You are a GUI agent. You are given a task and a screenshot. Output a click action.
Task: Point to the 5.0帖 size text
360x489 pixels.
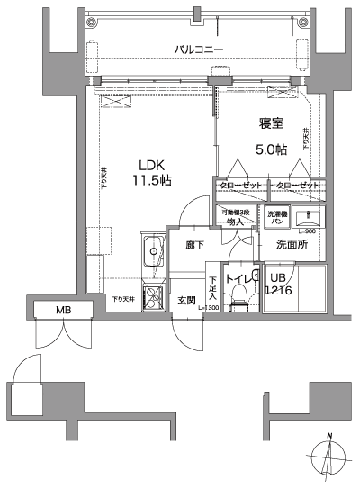269,149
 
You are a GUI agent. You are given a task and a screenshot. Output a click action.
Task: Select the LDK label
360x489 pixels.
152,164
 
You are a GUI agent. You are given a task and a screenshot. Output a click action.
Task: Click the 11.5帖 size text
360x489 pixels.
153,180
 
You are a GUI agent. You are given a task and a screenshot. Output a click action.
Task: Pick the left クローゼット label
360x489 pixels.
241,186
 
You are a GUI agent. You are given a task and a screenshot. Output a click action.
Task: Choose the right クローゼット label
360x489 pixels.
298,186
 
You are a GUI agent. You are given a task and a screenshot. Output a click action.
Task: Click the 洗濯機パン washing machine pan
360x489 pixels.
276,219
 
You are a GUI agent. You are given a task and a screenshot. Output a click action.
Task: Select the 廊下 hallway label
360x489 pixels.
195,244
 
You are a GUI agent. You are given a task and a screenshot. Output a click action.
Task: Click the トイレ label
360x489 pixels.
238,278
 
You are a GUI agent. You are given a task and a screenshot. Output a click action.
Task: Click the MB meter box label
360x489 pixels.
63,311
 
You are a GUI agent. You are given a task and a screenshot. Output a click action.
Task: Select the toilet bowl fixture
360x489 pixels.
238,303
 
